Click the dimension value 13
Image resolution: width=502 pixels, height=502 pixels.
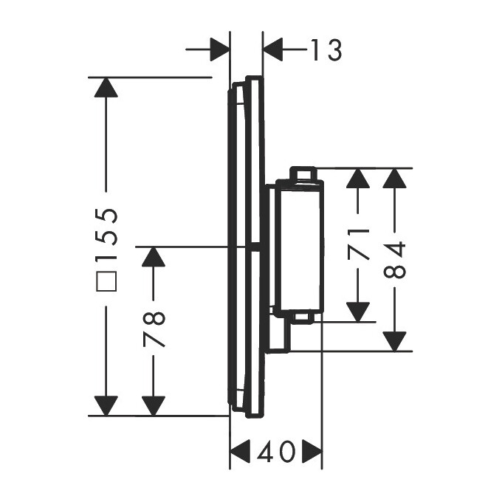point(326,50)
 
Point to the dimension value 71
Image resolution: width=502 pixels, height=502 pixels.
point(359,244)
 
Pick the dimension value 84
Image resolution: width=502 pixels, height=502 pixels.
point(396,260)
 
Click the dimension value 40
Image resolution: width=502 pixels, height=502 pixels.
point(276,450)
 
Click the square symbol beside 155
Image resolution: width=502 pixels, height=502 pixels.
point(108,281)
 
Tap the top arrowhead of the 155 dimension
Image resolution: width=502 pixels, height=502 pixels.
point(107,87)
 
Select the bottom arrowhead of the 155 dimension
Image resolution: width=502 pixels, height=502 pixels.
point(107,405)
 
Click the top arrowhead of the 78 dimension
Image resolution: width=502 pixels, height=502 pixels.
point(153,257)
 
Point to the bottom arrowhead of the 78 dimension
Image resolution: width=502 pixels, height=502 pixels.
point(153,405)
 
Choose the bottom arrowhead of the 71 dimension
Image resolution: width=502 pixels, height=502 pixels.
point(358,312)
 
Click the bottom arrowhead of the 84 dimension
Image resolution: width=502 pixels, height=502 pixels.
point(396,341)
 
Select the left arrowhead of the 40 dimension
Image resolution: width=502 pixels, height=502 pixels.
point(241,450)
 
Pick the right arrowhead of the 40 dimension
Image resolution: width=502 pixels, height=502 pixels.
point(313,450)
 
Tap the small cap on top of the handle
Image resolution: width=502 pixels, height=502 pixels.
point(303,173)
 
